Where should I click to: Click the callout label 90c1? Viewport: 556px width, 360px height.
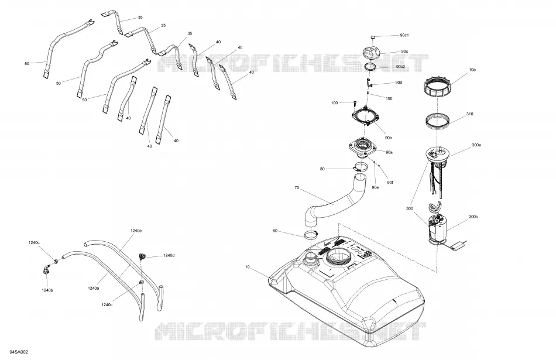click(404, 35)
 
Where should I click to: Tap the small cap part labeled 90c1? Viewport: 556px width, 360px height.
click(373, 37)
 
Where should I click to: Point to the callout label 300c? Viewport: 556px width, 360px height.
click(473, 217)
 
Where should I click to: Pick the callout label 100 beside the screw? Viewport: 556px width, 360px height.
click(334, 103)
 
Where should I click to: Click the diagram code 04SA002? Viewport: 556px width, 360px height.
click(19, 352)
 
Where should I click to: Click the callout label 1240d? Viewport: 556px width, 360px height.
click(169, 255)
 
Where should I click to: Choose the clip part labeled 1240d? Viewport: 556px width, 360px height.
click(143, 256)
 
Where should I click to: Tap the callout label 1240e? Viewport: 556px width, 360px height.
click(136, 231)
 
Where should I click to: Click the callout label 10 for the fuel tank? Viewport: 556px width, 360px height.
click(247, 267)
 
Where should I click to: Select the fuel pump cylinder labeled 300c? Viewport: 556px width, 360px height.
click(437, 227)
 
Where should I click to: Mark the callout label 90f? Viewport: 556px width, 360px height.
click(390, 182)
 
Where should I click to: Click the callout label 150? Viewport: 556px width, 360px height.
click(389, 98)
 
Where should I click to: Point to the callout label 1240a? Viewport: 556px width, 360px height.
click(93, 289)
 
